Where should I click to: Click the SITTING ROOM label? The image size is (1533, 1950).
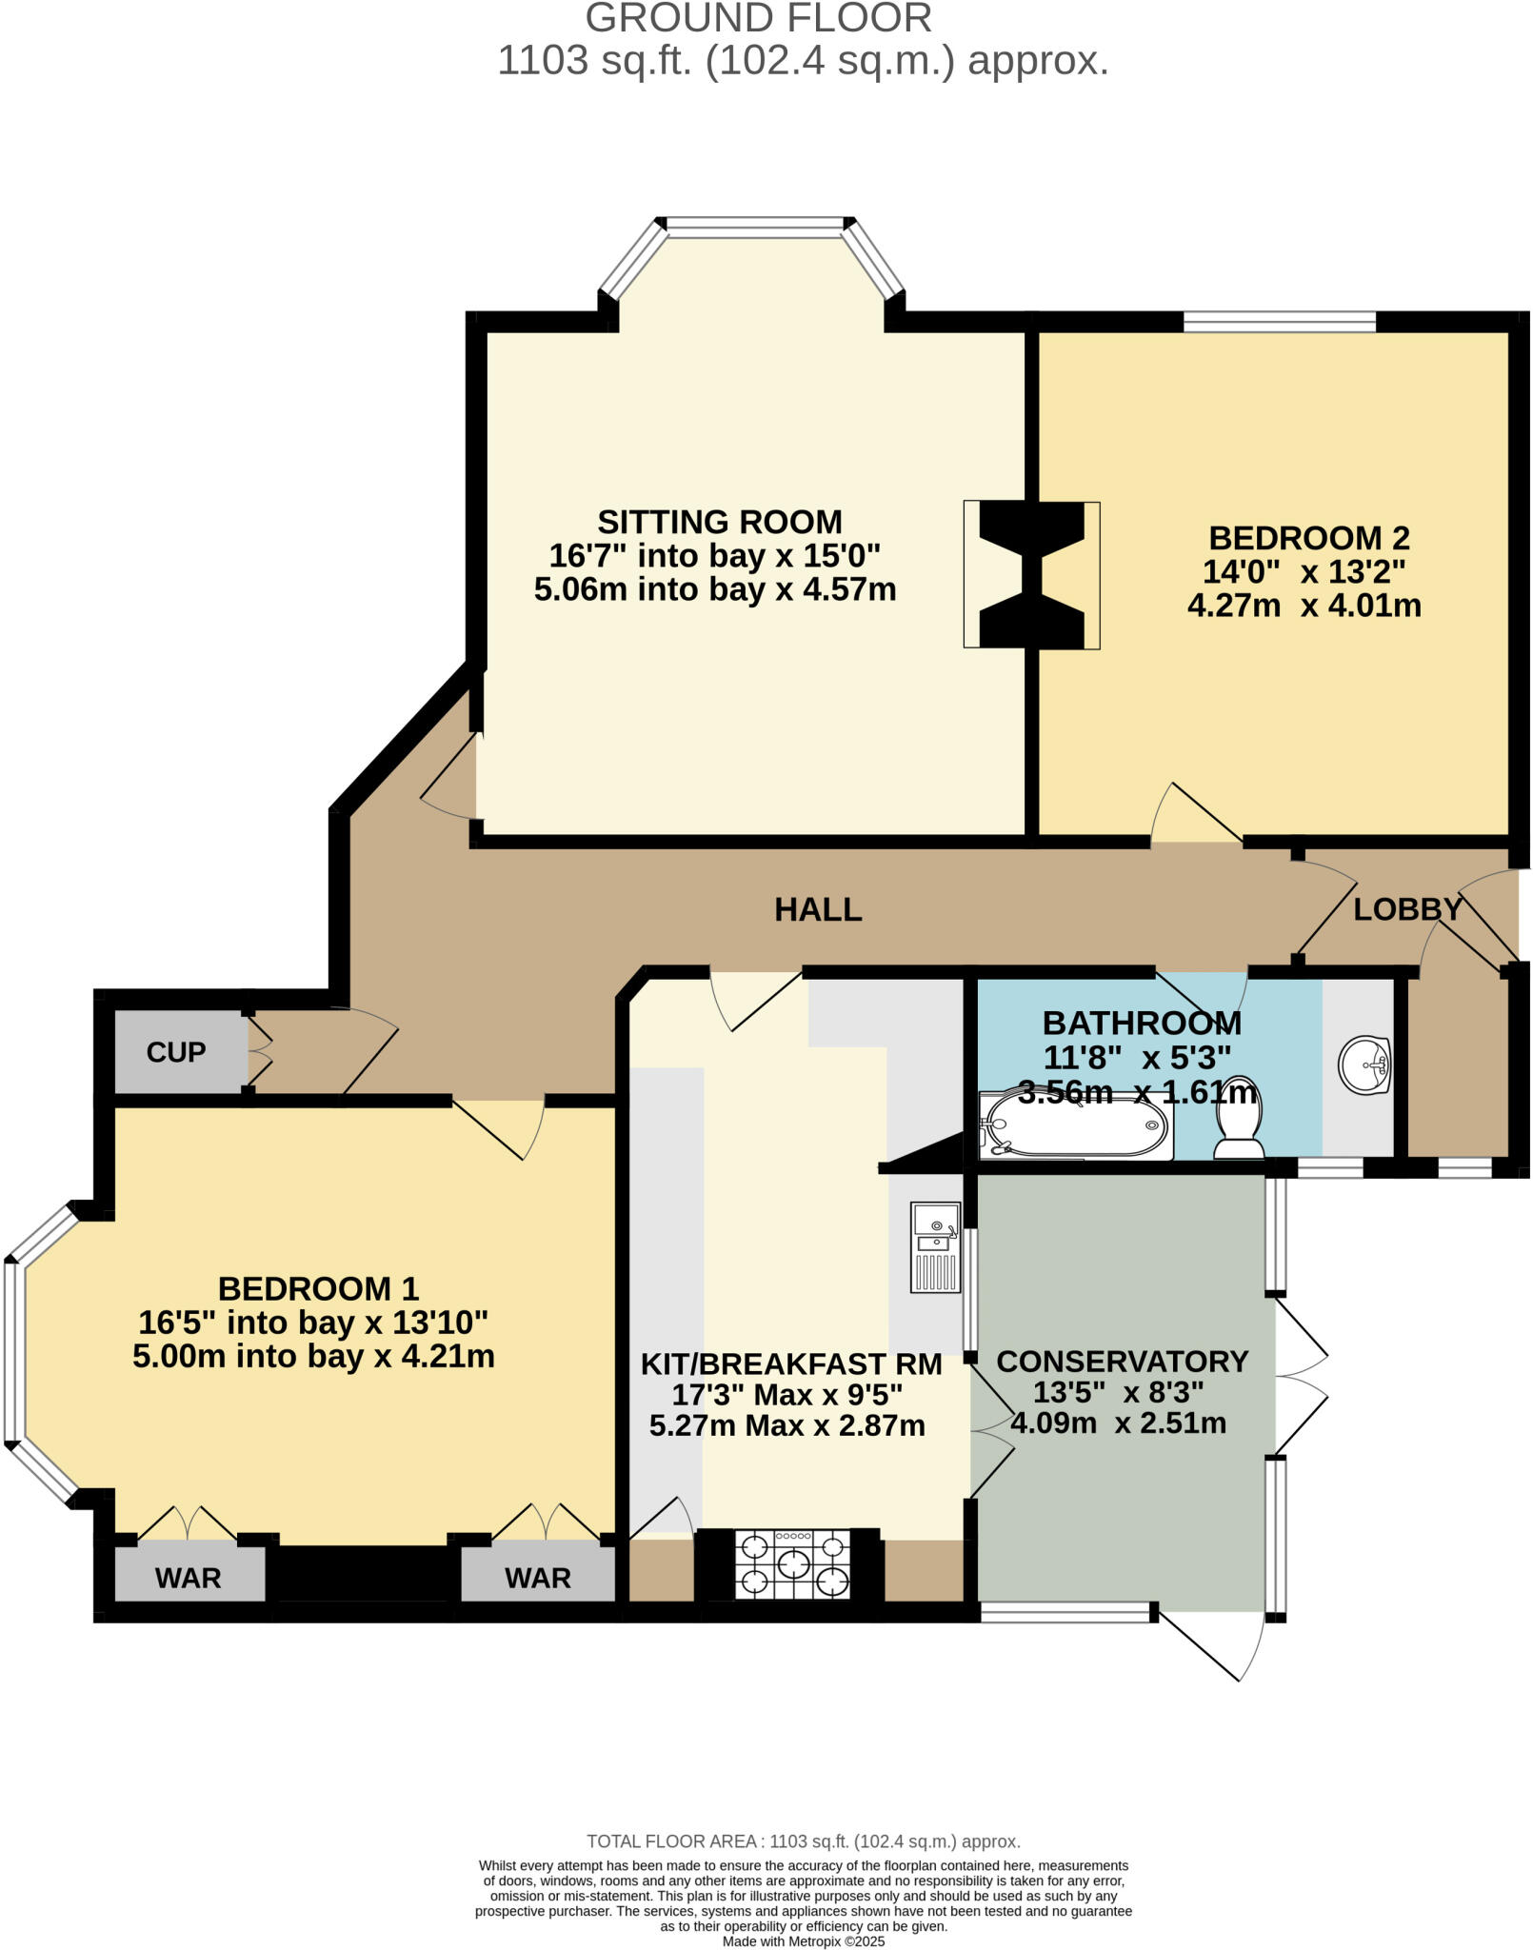(719, 522)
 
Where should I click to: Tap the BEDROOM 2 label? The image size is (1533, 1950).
(1308, 538)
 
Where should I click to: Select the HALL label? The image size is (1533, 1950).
(818, 909)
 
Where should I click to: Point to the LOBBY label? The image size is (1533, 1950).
(1407, 909)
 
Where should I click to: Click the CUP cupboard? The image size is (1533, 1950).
(176, 1052)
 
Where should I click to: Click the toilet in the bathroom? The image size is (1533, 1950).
(1239, 1120)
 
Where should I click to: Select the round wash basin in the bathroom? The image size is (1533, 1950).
(1365, 1064)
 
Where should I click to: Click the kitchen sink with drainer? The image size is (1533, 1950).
(935, 1246)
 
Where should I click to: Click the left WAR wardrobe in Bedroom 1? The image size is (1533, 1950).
(189, 1577)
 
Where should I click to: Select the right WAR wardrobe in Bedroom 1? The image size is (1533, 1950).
(538, 1577)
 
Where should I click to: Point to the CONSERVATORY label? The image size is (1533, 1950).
(1122, 1362)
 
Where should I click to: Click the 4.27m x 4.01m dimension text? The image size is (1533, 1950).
(1304, 606)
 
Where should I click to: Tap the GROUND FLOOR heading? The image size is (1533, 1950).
(758, 19)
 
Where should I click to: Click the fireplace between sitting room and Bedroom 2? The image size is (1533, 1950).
(1031, 575)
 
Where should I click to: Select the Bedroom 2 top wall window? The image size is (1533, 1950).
(1279, 322)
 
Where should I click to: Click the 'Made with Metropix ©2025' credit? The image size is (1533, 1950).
(804, 1941)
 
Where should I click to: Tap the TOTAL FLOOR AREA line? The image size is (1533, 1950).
(803, 1841)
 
